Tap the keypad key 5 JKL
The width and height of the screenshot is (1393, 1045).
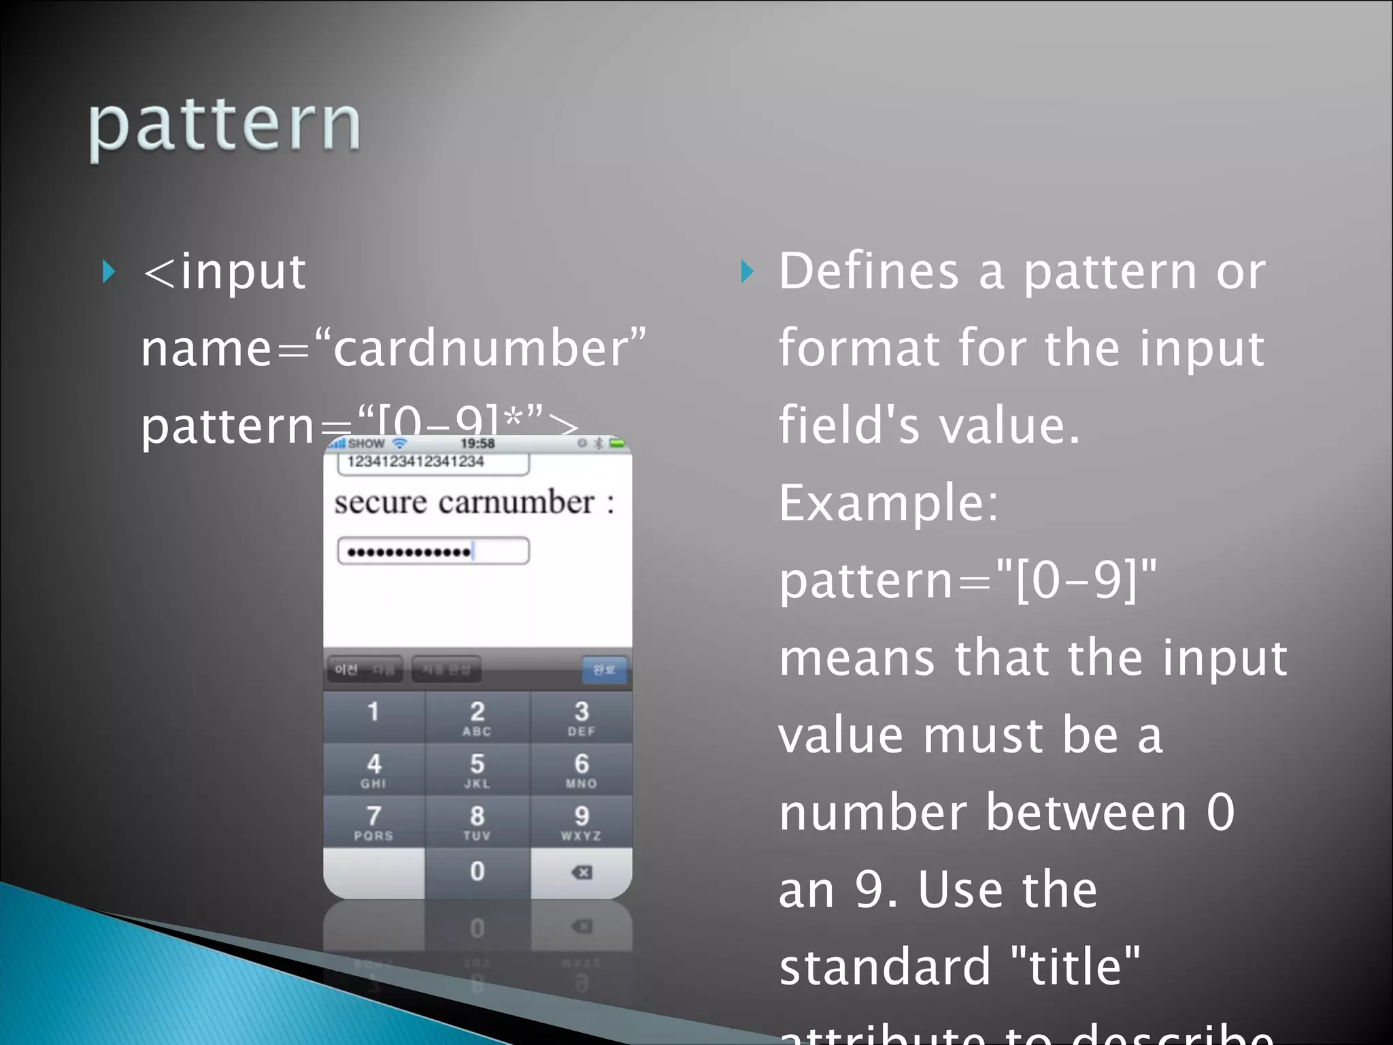(477, 769)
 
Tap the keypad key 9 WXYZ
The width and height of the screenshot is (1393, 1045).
(581, 822)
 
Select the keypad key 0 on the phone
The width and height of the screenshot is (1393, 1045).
(477, 872)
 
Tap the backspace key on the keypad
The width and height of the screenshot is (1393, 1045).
(582, 872)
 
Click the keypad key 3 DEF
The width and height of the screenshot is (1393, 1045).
(581, 717)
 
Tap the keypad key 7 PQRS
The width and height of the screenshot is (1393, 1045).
(373, 822)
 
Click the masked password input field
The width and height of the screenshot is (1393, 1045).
(433, 551)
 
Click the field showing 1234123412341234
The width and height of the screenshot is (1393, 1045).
(433, 463)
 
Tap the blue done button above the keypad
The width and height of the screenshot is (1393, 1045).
(604, 669)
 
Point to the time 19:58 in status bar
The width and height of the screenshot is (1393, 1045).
(477, 444)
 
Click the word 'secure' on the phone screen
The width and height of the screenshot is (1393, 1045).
(380, 503)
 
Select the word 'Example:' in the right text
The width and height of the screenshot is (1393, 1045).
(888, 503)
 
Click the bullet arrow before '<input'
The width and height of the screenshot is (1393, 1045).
(109, 271)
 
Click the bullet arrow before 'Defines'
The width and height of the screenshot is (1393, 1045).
(747, 271)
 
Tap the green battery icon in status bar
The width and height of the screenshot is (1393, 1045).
(617, 444)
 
